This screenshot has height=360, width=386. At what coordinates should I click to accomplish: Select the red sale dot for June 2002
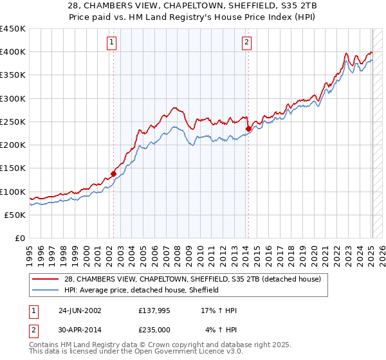pyautogui.click(x=114, y=174)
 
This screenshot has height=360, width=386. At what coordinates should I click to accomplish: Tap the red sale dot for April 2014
pyautogui.click(x=248, y=129)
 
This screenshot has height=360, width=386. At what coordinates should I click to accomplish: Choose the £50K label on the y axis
pyautogui.click(x=15, y=215)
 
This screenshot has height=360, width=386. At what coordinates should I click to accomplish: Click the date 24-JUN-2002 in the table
pyautogui.click(x=80, y=310)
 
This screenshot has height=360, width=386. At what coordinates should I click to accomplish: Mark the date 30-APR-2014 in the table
pyautogui.click(x=80, y=330)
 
